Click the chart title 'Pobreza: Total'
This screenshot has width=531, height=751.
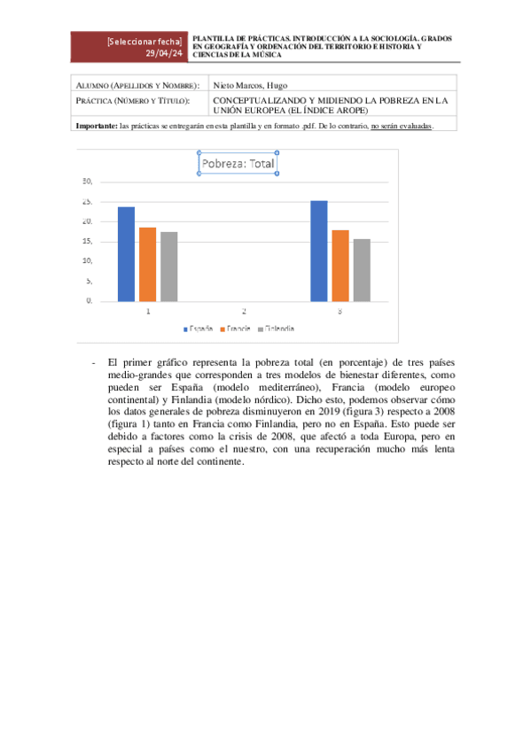(237, 164)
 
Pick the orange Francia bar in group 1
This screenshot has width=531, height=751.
(147, 264)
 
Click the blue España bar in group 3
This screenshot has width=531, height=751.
(319, 251)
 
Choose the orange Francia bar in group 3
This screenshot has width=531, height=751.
(340, 266)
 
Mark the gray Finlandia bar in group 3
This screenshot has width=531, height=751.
(362, 270)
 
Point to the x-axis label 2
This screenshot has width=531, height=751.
(244, 312)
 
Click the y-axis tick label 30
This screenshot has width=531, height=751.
(87, 182)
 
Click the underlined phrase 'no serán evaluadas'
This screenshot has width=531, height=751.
(402, 127)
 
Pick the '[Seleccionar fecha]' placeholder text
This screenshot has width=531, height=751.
(144, 42)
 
